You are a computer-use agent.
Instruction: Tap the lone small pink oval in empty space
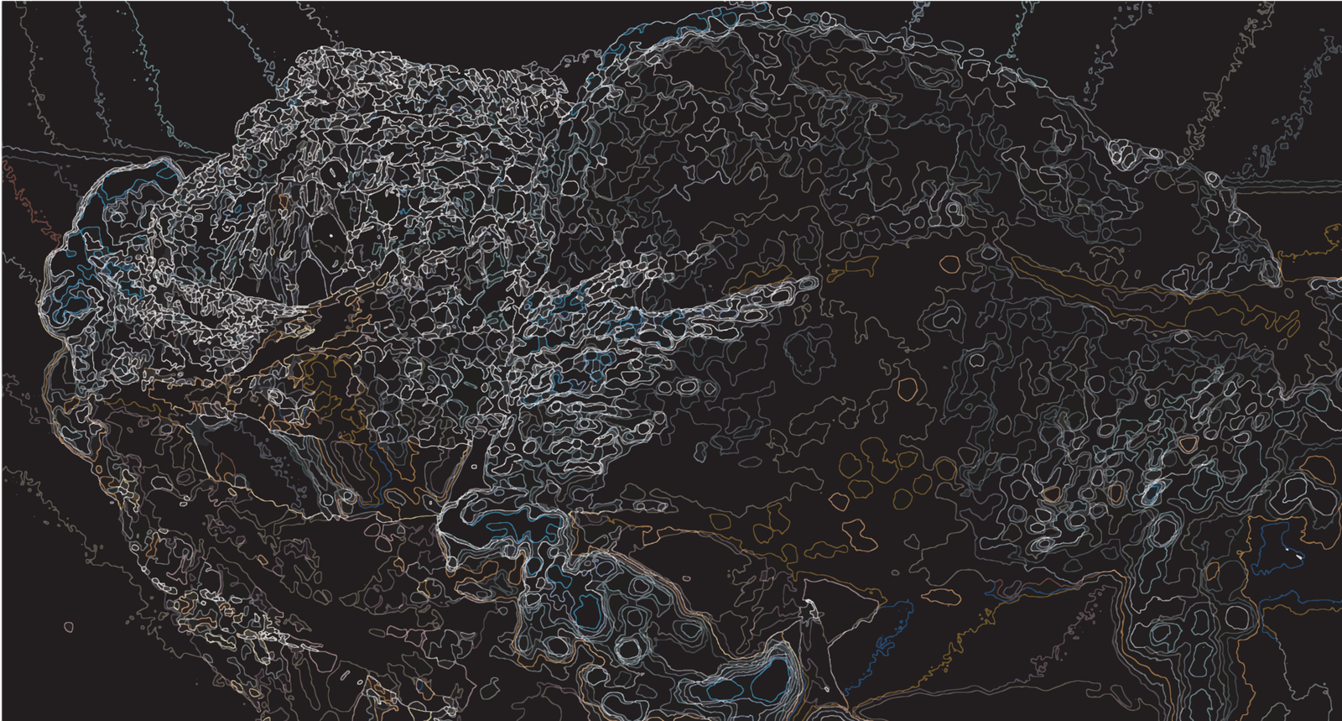(x=68, y=626)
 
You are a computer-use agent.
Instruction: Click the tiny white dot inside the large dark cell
(x=331, y=236)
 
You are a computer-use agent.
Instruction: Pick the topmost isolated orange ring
(x=949, y=264)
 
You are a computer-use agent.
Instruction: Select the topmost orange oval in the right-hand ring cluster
(x=1188, y=442)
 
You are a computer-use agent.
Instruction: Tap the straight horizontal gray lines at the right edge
(x=1292, y=184)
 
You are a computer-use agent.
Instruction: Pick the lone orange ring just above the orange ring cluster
(x=908, y=388)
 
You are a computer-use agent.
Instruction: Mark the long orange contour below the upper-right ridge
(x=1132, y=290)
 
